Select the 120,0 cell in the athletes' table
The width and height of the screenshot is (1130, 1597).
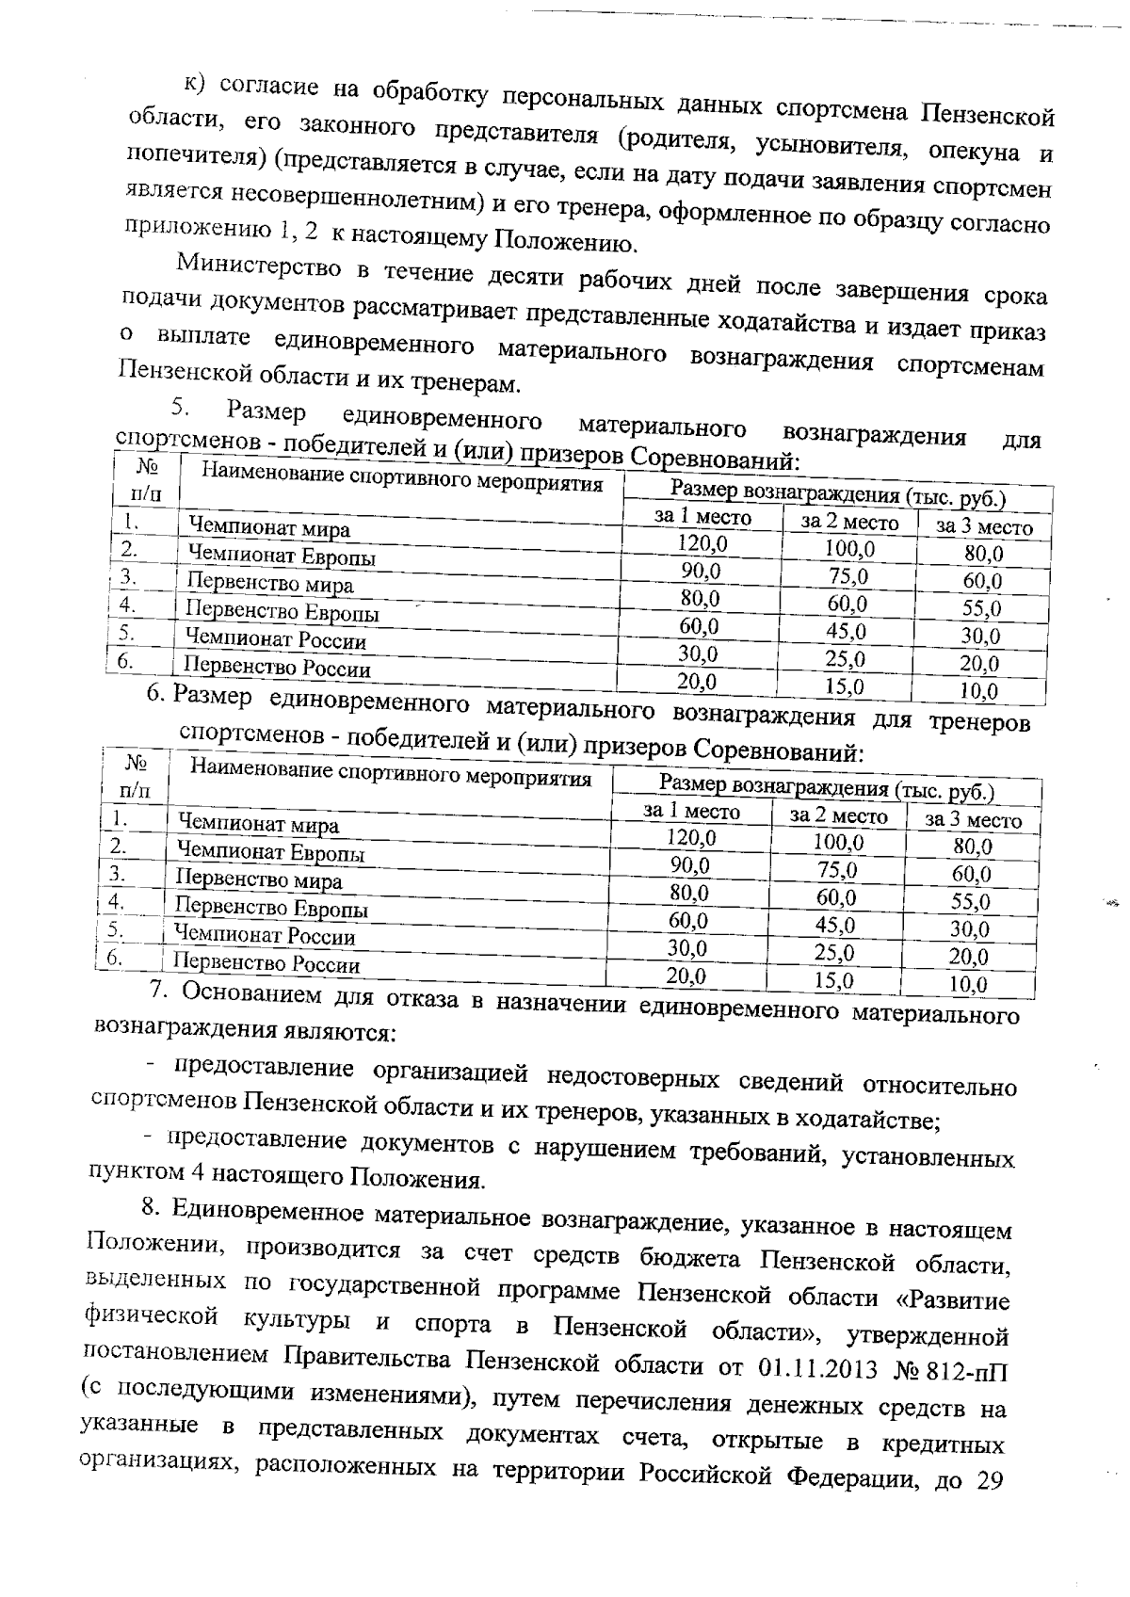tap(702, 541)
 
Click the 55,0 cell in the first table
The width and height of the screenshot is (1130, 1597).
tap(982, 608)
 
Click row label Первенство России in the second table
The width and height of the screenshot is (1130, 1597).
tap(267, 964)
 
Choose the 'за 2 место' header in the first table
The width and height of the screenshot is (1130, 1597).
tap(849, 523)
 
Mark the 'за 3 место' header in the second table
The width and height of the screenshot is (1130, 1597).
tap(973, 820)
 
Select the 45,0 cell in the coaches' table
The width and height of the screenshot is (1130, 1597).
tap(835, 924)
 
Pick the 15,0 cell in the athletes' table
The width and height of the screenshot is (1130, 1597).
tap(845, 686)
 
